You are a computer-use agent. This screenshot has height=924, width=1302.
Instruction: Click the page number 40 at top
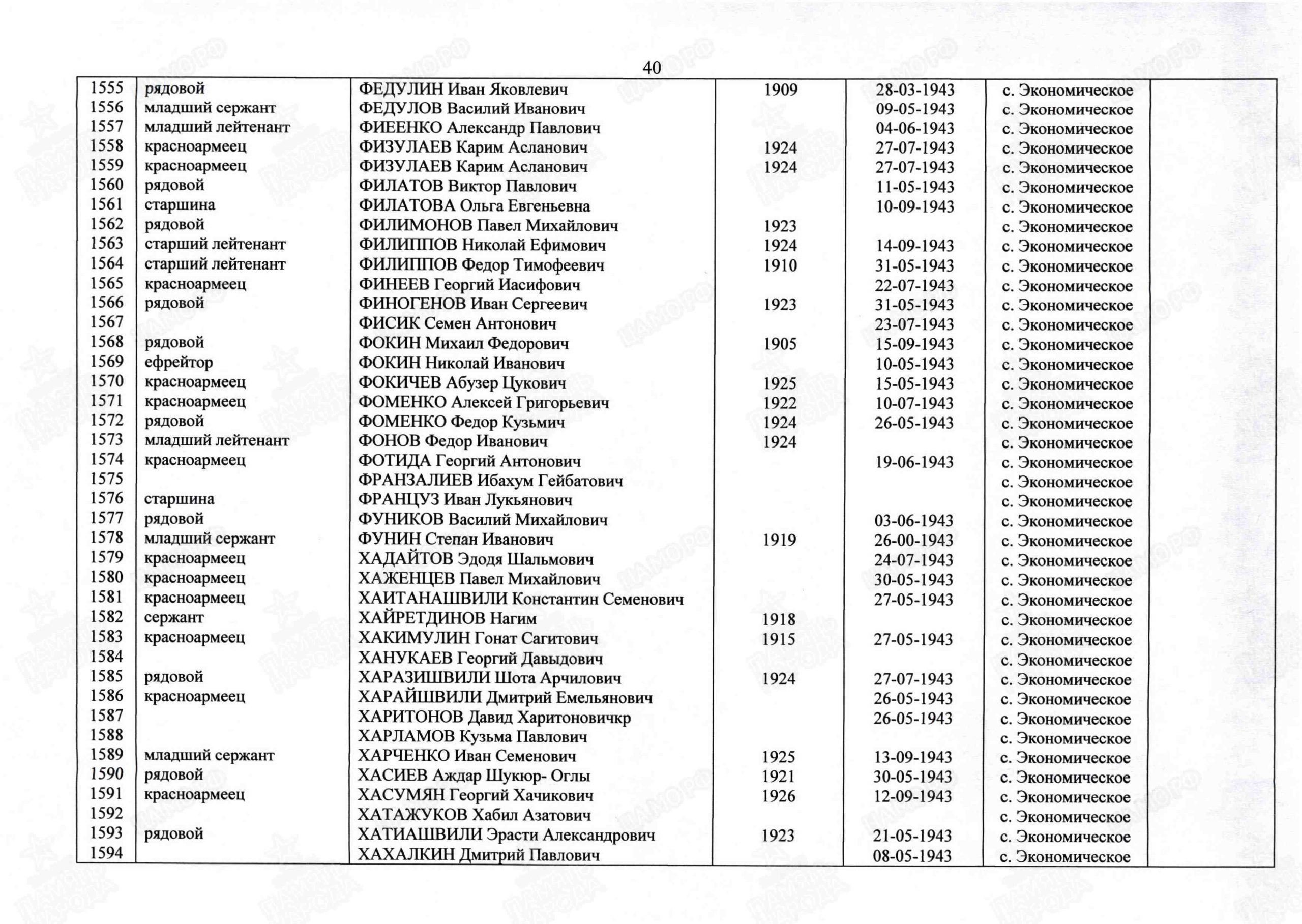tap(652, 68)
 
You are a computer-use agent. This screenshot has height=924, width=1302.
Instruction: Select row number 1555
tap(107, 87)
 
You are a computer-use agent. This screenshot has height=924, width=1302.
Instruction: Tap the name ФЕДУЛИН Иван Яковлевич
tap(463, 90)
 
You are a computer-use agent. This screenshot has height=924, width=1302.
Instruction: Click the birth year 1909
tap(781, 90)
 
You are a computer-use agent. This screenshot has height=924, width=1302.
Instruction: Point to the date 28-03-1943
tap(915, 90)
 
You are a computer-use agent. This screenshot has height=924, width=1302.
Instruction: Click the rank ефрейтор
tap(179, 363)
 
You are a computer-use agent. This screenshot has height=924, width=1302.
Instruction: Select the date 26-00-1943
tap(914, 540)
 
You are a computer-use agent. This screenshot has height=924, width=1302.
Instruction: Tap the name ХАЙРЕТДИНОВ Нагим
tap(447, 618)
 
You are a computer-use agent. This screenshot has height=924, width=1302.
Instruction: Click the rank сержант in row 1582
tap(173, 618)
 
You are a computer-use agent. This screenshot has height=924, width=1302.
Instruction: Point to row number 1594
tap(106, 853)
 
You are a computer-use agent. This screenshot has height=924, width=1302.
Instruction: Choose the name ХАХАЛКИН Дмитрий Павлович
tap(479, 855)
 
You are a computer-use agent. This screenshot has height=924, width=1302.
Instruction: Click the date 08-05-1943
tap(912, 856)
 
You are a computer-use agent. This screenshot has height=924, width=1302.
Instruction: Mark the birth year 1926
tap(779, 796)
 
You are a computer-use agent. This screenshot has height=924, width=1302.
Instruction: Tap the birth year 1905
tap(780, 344)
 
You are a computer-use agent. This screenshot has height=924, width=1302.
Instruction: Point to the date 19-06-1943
tap(914, 462)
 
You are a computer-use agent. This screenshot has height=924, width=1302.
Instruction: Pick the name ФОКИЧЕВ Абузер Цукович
tap(462, 383)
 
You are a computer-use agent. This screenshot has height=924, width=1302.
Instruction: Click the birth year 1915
tap(779, 639)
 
